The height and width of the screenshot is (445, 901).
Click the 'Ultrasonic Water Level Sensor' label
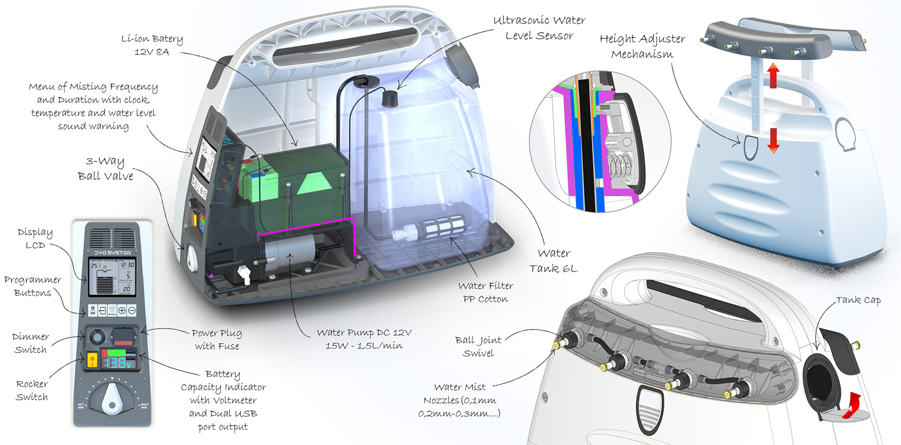pyautogui.click(x=539, y=28)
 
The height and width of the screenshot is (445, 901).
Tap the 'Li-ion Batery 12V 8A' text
pyautogui.click(x=152, y=45)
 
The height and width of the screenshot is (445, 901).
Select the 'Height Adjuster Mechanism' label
pyautogui.click(x=642, y=46)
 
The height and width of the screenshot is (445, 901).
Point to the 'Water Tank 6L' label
pyautogui.click(x=554, y=261)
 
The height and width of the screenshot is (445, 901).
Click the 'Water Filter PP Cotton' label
pyautogui.click(x=485, y=292)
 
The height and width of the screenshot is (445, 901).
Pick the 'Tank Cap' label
pyautogui.click(x=858, y=300)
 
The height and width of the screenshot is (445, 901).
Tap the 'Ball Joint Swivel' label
pyautogui.click(x=478, y=346)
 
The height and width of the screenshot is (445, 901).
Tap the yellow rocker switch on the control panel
pyautogui.click(x=92, y=361)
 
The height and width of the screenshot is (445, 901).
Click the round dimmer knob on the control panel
pyautogui.click(x=97, y=337)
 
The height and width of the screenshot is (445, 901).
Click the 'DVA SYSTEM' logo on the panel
pyautogui.click(x=113, y=253)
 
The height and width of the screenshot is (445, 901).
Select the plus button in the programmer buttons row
pyautogui.click(x=122, y=310)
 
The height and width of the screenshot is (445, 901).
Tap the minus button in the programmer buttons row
pyautogui.click(x=132, y=310)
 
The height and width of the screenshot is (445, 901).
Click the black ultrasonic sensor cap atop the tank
pyautogui.click(x=389, y=99)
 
